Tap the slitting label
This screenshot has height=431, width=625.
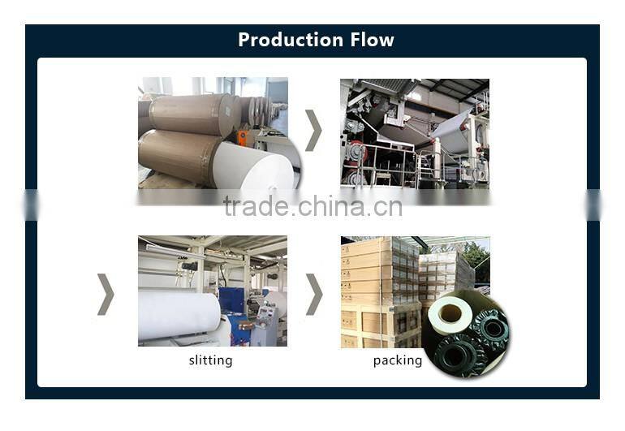[210, 360]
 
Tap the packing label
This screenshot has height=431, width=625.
[398, 360]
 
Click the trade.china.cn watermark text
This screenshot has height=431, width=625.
[312, 206]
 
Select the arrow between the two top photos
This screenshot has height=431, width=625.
[313, 131]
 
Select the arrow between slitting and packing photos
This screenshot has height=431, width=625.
[313, 293]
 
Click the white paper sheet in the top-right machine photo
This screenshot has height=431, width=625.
[451, 130]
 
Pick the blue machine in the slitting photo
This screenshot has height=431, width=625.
[235, 302]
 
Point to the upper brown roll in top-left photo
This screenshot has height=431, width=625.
[187, 114]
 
